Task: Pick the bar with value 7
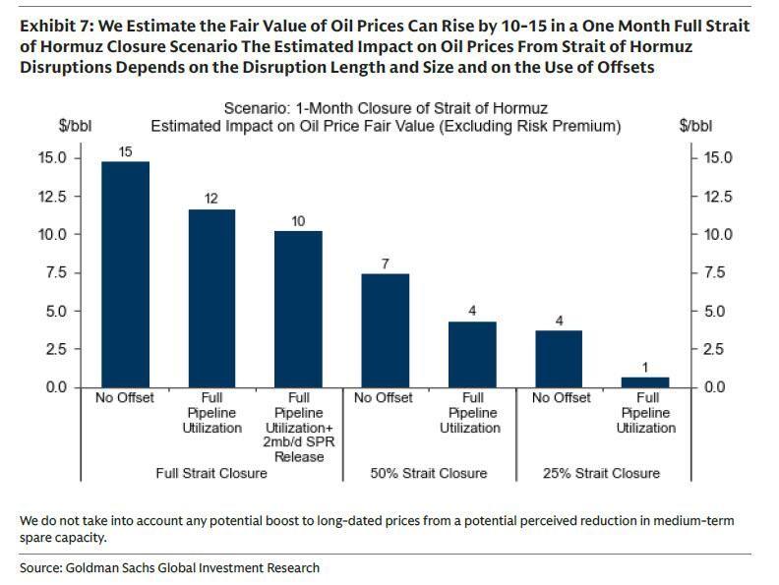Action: pos(385,329)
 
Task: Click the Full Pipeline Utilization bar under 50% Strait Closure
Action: pos(472,354)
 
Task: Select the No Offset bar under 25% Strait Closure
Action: pos(559,358)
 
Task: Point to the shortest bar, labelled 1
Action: pos(645,381)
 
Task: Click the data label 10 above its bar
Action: pos(298,221)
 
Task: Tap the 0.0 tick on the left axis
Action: pos(53,387)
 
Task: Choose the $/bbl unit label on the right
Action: pos(695,126)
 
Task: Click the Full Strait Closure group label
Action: pos(211,473)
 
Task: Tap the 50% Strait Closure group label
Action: pos(429,473)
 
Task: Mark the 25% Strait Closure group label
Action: pos(602,473)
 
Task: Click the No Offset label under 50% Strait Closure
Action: pos(385,397)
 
